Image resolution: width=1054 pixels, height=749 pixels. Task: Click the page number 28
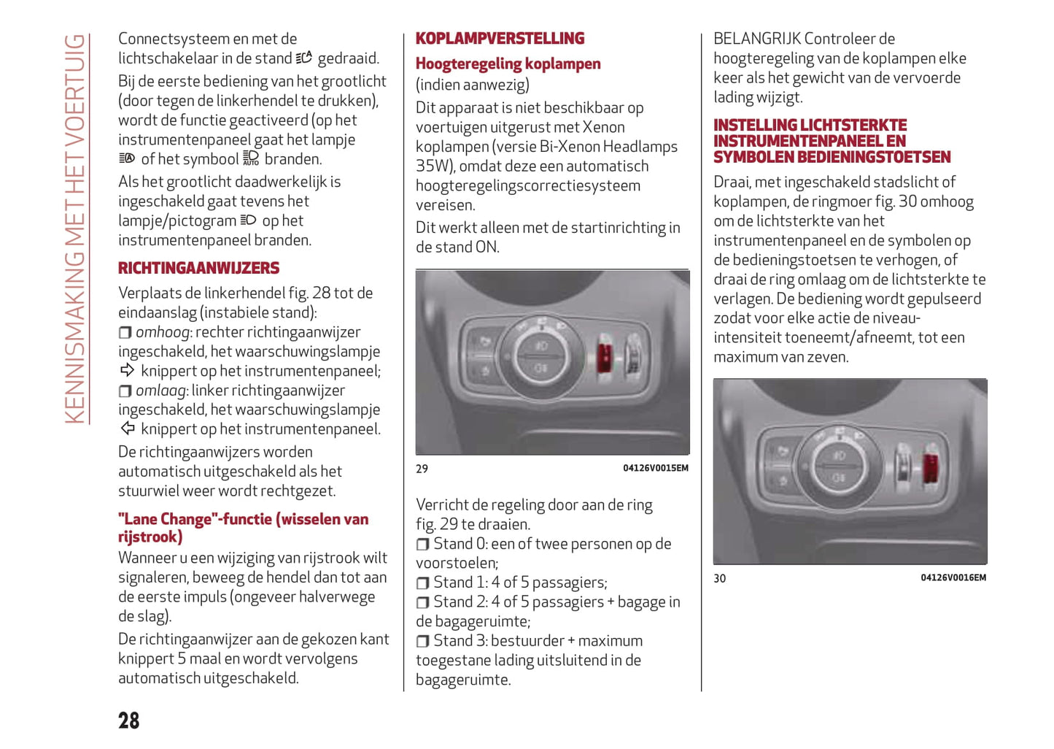(129, 721)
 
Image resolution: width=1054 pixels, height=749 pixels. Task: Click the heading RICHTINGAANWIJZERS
(198, 268)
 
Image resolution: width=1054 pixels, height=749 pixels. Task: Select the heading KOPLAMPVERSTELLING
(500, 38)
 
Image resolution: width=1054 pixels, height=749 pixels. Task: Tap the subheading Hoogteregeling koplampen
(508, 64)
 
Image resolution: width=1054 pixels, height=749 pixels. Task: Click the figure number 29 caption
(422, 469)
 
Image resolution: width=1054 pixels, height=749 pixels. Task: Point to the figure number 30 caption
(719, 578)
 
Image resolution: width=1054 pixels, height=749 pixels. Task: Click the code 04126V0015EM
(655, 468)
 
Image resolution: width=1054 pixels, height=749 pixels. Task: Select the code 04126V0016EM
(953, 577)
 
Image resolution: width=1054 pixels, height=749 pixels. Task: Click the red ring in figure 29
(605, 356)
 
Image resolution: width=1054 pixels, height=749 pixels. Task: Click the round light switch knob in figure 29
(541, 356)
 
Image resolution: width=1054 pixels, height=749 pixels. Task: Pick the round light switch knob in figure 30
(839, 465)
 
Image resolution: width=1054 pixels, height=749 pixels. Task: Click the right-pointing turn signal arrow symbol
(128, 370)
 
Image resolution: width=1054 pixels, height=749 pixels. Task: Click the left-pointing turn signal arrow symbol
(128, 429)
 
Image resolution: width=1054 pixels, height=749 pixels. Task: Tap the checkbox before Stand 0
(422, 545)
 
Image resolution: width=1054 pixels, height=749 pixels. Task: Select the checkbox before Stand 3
(422, 642)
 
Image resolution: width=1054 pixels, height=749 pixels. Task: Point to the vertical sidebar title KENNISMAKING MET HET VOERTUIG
(75, 228)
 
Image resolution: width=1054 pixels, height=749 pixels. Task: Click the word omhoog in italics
(163, 332)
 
